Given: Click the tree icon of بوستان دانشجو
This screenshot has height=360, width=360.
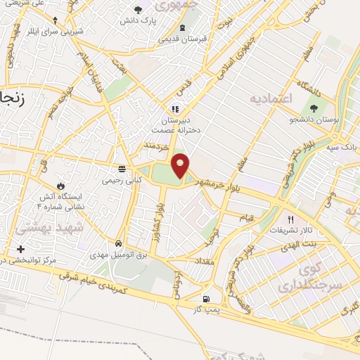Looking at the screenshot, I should (x=314, y=109).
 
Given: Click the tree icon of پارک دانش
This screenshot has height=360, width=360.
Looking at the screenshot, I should (x=137, y=10).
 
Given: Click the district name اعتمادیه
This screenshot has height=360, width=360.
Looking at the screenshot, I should (x=271, y=98).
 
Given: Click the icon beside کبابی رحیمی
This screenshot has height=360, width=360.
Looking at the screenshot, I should (x=122, y=169).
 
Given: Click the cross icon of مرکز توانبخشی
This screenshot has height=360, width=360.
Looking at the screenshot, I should (x=20, y=249).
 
